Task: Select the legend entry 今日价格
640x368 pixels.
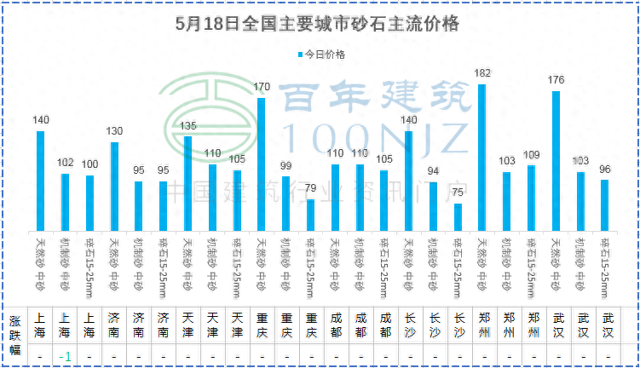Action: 322,55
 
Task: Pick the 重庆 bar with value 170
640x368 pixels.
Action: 261,163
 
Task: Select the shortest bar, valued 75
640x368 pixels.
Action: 458,216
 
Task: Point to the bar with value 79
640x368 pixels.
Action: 310,214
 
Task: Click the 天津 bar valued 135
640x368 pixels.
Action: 187,182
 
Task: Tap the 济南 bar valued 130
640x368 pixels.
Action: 114,185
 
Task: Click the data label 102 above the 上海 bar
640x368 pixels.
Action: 65,163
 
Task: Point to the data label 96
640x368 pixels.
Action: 605,169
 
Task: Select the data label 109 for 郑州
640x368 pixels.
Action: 531,155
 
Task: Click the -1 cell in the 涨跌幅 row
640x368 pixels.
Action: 65,355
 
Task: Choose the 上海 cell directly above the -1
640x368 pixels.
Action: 65,325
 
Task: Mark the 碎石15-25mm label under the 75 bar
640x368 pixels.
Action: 458,263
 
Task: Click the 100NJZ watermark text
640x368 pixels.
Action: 375,136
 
